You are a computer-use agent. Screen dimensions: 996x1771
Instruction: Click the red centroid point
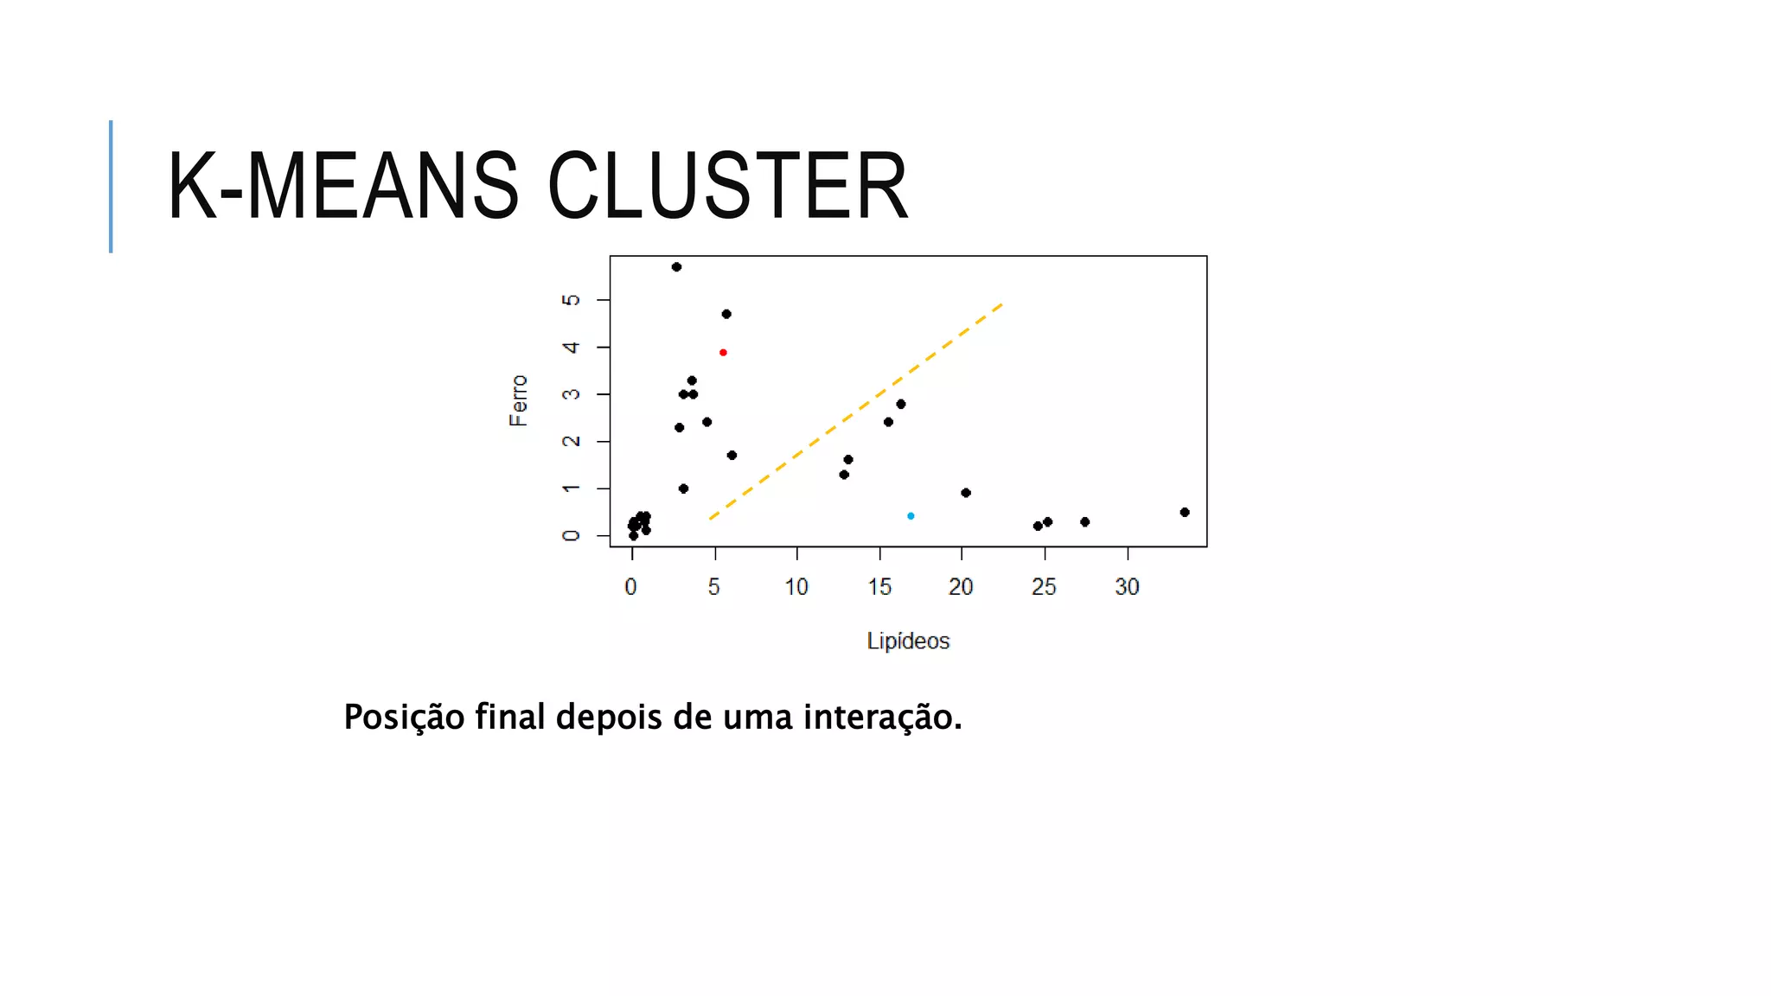[x=723, y=353]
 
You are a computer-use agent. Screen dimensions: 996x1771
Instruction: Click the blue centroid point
[x=911, y=516]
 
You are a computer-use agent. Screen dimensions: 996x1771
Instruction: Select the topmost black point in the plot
[x=676, y=267]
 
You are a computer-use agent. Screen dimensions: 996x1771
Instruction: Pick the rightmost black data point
[x=1185, y=513]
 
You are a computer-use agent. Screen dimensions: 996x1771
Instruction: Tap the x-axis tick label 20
[x=961, y=587]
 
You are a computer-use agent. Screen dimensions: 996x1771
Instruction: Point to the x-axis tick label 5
[x=714, y=587]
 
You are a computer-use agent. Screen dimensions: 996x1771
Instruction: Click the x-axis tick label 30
[x=1127, y=587]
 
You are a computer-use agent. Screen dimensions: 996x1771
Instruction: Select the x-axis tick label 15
[x=879, y=587]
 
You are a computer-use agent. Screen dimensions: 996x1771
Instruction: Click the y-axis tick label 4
[x=571, y=348]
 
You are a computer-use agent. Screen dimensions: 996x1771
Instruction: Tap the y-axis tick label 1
[x=571, y=489]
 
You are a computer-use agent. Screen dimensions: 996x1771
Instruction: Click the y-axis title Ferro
[x=518, y=400]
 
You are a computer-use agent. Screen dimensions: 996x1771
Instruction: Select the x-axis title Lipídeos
[x=908, y=642]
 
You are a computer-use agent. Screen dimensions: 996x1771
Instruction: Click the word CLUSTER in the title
[x=727, y=186]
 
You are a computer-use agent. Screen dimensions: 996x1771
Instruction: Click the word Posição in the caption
[x=404, y=718]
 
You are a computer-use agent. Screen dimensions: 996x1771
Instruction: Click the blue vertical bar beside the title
[x=111, y=186]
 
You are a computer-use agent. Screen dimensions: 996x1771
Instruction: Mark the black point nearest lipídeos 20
[x=966, y=493]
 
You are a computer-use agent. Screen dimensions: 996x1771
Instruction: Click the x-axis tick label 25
[x=1044, y=587]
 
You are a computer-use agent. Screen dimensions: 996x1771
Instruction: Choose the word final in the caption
[x=509, y=718]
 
